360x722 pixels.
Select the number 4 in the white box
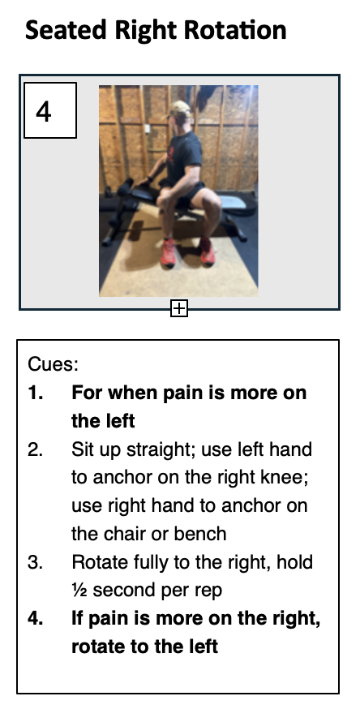43,112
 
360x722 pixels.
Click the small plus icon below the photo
179,308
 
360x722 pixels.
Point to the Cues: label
53,364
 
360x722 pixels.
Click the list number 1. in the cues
36,393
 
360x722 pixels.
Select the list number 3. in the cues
36,562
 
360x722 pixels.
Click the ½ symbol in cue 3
79,591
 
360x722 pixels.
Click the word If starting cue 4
77,619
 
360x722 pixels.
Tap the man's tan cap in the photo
179,110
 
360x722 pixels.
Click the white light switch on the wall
148,128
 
